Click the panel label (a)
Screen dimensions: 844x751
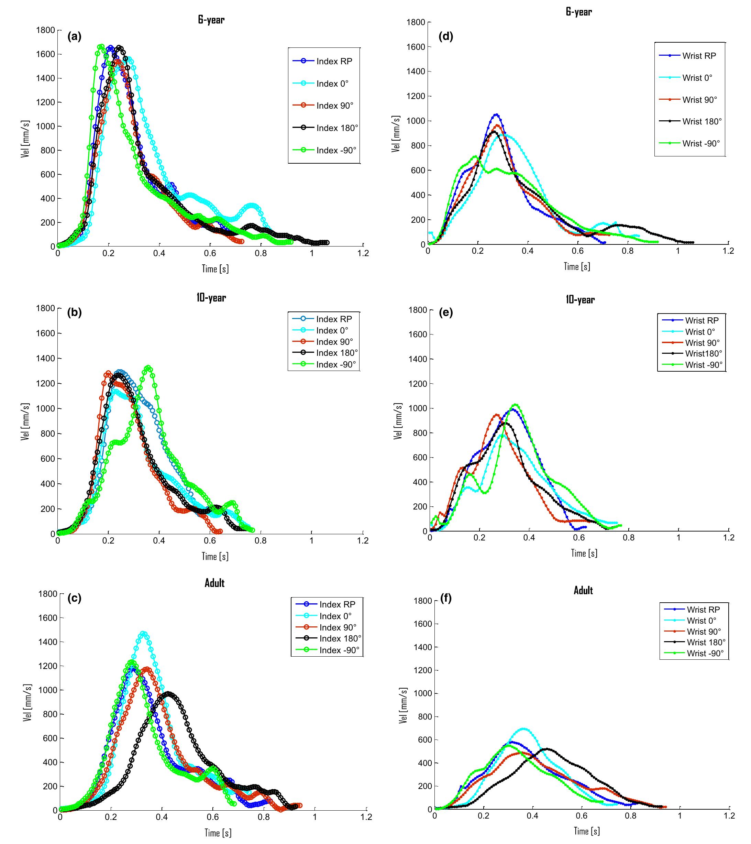pyautogui.click(x=74, y=37)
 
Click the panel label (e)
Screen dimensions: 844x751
pyautogui.click(x=446, y=313)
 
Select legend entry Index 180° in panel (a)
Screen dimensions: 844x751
pyautogui.click(x=337, y=128)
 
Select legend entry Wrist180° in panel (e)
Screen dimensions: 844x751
pyautogui.click(x=704, y=353)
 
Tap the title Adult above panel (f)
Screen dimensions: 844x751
pyautogui.click(x=583, y=590)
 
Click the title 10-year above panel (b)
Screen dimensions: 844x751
pyautogui.click(x=211, y=298)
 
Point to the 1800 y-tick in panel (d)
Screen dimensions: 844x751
pyautogui.click(x=417, y=22)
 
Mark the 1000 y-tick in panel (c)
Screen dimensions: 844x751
pyautogui.click(x=47, y=690)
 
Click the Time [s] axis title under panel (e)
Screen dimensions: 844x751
pyautogui.click(x=584, y=553)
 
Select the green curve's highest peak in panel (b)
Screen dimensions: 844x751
pyautogui.click(x=148, y=367)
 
